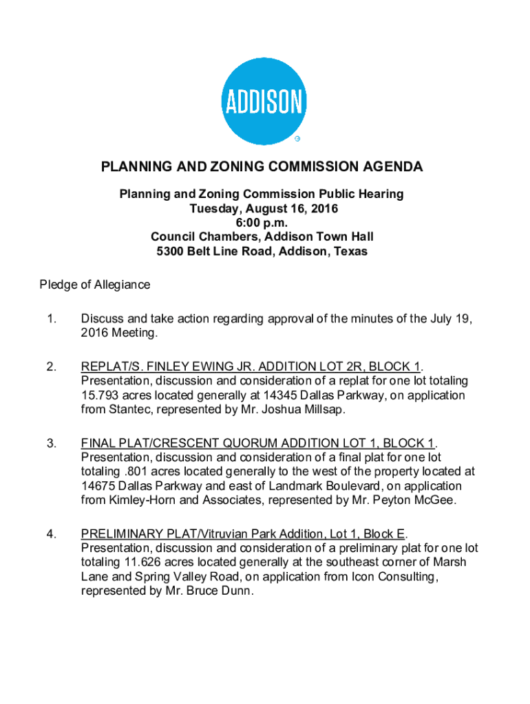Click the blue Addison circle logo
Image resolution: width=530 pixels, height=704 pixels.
tap(264, 102)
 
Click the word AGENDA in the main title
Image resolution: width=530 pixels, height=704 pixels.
tap(389, 167)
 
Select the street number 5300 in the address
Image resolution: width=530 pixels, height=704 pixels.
tap(171, 252)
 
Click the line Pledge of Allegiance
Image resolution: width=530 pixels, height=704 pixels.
tap(94, 285)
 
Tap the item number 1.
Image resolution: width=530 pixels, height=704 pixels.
tap(50, 319)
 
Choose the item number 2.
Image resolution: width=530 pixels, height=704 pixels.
tap(51, 366)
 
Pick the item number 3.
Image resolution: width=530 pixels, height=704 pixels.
tap(51, 443)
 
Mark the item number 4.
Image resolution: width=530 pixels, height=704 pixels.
tap(51, 533)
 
